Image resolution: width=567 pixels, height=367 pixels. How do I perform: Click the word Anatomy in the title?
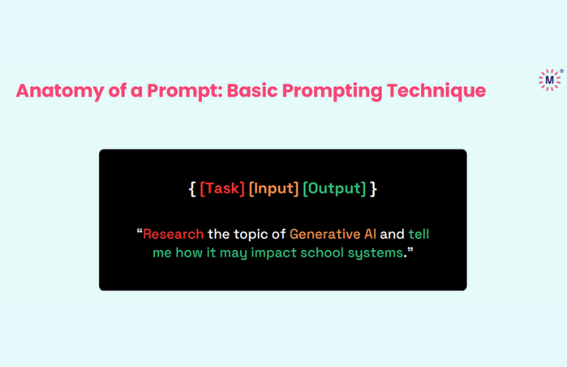[x=60, y=91]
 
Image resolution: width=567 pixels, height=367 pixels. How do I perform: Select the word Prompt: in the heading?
[x=184, y=91]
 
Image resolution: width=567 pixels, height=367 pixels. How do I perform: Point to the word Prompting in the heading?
[x=332, y=91]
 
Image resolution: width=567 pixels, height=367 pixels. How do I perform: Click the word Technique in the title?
[x=436, y=91]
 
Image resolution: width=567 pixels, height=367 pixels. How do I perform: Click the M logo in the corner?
[x=550, y=79]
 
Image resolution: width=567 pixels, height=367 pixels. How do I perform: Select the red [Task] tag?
[x=222, y=189]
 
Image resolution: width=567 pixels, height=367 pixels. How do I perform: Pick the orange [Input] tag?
[x=273, y=189]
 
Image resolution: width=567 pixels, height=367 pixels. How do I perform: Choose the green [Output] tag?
[x=334, y=189]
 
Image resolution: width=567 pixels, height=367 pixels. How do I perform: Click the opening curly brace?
[x=193, y=189]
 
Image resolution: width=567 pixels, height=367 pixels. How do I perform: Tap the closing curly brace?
[x=374, y=189]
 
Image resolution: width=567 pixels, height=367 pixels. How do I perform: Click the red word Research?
[x=173, y=234]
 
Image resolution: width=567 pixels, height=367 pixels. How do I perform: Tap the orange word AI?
[x=370, y=234]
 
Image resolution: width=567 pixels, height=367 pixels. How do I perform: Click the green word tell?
[x=419, y=234]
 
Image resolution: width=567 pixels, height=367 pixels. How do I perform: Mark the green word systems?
[x=375, y=253]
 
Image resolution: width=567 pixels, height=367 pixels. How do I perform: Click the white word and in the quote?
[x=392, y=234]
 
